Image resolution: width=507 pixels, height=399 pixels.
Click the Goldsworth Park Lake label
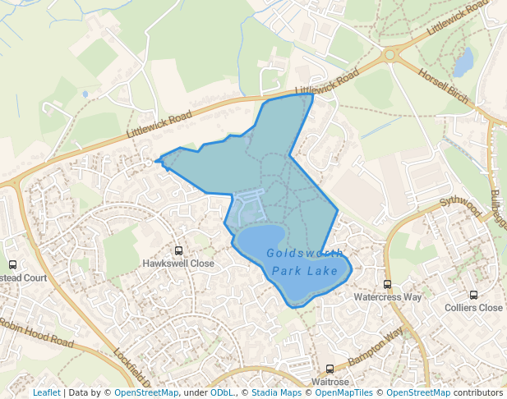[305, 262]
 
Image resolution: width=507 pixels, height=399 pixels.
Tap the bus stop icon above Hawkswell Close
[178, 250]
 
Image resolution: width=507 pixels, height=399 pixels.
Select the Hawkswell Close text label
[178, 264]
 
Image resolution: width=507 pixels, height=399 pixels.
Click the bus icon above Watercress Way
[387, 284]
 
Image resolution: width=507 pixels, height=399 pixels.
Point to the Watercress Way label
[387, 296]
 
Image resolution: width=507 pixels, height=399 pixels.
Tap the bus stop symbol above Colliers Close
[473, 295]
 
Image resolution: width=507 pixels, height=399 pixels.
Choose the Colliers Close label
[473, 308]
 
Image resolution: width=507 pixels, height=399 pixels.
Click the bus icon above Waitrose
[330, 369]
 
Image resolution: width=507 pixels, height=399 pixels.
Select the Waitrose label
[330, 382]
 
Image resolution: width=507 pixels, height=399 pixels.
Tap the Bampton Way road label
[376, 348]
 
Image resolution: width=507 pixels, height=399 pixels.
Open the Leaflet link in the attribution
[46, 392]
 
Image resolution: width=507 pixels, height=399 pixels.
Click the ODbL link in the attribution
[222, 392]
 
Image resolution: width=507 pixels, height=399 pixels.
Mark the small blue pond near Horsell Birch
[464, 62]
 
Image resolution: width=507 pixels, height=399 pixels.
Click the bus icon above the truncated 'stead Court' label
[12, 264]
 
